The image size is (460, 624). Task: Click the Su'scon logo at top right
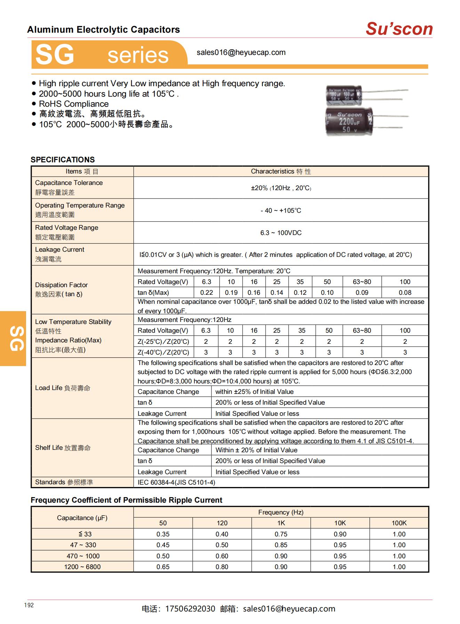click(x=399, y=29)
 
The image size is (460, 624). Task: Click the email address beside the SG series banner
click(x=241, y=52)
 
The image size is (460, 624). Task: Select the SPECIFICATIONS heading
click(x=63, y=160)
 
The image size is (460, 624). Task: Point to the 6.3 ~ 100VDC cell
click(x=281, y=233)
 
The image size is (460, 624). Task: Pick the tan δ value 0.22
click(x=207, y=293)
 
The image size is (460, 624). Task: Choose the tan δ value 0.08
click(x=405, y=293)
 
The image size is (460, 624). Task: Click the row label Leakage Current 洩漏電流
click(x=59, y=254)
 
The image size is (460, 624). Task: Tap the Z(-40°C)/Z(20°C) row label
click(x=163, y=352)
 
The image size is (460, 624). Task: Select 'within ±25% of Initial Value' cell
click(x=254, y=391)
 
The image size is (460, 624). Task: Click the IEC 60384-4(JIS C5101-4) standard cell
click(x=176, y=482)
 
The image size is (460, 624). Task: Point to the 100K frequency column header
click(x=399, y=523)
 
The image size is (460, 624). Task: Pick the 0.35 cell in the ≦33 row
click(x=163, y=534)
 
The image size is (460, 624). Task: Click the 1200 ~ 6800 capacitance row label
click(x=82, y=567)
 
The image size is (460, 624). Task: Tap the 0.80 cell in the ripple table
click(x=222, y=567)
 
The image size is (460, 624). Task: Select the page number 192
click(x=29, y=605)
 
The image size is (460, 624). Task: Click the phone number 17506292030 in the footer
click(x=190, y=609)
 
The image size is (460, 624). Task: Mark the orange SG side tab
click(x=13, y=338)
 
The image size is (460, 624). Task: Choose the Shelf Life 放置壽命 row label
click(x=63, y=448)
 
